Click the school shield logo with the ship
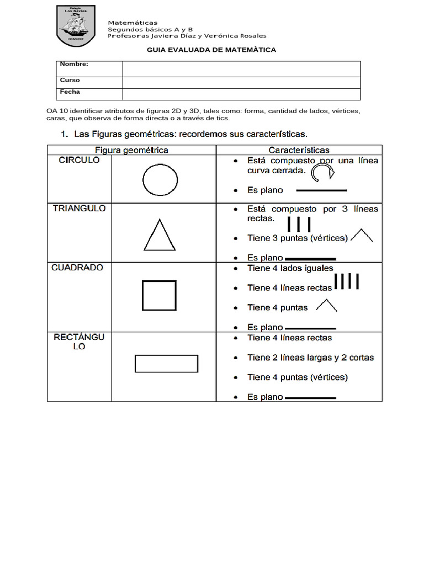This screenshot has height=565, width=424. [x=76, y=25]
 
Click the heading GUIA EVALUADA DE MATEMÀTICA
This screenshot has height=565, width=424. [x=211, y=50]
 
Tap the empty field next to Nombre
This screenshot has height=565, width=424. [x=241, y=69]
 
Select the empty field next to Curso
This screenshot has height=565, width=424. [x=241, y=83]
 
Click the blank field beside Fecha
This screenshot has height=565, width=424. [x=241, y=94]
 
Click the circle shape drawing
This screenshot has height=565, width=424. [x=160, y=180]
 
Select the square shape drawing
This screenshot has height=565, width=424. [x=160, y=295]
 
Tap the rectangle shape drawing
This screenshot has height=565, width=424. [x=166, y=364]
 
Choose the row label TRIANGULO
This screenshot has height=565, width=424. [x=79, y=209]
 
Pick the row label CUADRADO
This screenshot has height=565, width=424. [x=77, y=268]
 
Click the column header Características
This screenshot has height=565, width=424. [x=299, y=150]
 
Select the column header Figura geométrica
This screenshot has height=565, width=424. [x=131, y=150]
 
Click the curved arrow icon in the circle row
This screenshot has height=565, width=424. [x=322, y=174]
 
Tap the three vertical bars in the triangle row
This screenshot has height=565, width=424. [x=299, y=224]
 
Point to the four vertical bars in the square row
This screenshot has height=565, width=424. [x=347, y=281]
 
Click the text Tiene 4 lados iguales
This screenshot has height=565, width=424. [x=290, y=268]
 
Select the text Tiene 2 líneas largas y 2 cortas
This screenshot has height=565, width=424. [x=310, y=358]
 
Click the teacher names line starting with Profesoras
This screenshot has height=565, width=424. [x=187, y=36]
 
